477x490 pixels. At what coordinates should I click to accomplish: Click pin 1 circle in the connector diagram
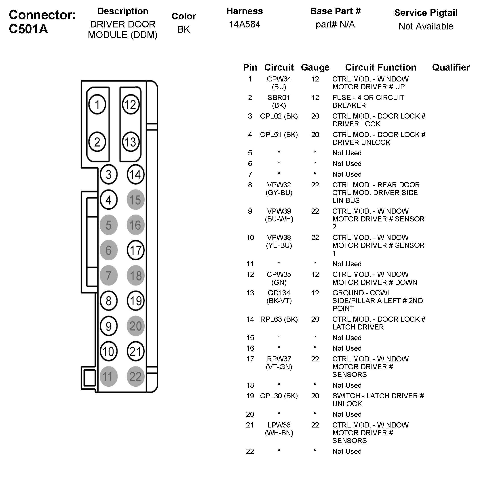pyautogui.click(x=97, y=104)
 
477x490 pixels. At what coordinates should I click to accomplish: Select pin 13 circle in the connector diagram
pyautogui.click(x=131, y=142)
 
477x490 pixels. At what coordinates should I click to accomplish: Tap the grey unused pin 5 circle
pyautogui.click(x=108, y=225)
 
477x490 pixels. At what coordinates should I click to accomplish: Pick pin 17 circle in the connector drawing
pyautogui.click(x=135, y=250)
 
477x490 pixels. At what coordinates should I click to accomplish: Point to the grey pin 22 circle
pyautogui.click(x=135, y=377)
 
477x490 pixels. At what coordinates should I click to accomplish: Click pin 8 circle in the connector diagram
pyautogui.click(x=108, y=300)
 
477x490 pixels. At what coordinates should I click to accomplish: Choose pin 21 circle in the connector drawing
pyautogui.click(x=135, y=351)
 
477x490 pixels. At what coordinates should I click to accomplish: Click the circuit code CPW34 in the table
pyautogui.click(x=279, y=79)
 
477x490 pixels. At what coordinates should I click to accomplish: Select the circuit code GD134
pyautogui.click(x=279, y=293)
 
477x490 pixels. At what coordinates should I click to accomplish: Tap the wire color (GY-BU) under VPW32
pyautogui.click(x=279, y=193)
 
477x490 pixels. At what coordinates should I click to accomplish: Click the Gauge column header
pyautogui.click(x=315, y=67)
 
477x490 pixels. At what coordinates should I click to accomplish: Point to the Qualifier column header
pyautogui.click(x=451, y=67)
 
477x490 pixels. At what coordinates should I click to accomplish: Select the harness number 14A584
pyautogui.click(x=245, y=24)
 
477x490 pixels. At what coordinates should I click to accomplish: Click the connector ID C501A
pyautogui.click(x=28, y=29)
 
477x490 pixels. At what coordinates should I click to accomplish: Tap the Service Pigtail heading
pyautogui.click(x=426, y=13)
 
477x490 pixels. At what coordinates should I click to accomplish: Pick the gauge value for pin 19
pyautogui.click(x=315, y=396)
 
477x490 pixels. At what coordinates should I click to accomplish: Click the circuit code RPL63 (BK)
pyautogui.click(x=279, y=319)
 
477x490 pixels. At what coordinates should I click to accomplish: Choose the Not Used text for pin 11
pyautogui.click(x=347, y=264)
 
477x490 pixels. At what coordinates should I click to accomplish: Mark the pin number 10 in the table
pyautogui.click(x=250, y=238)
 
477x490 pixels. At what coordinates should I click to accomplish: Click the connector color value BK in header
pyautogui.click(x=184, y=29)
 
